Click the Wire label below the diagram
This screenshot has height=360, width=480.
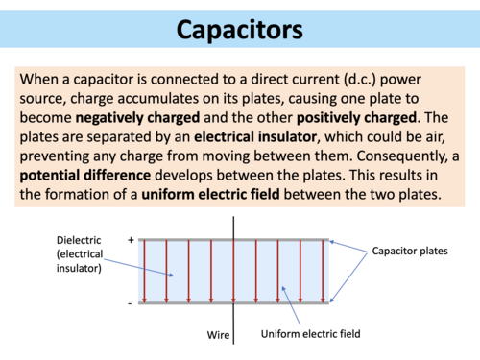[x=218, y=334]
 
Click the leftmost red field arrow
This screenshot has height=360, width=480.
[x=145, y=271]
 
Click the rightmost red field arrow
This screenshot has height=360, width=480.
[x=324, y=271]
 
